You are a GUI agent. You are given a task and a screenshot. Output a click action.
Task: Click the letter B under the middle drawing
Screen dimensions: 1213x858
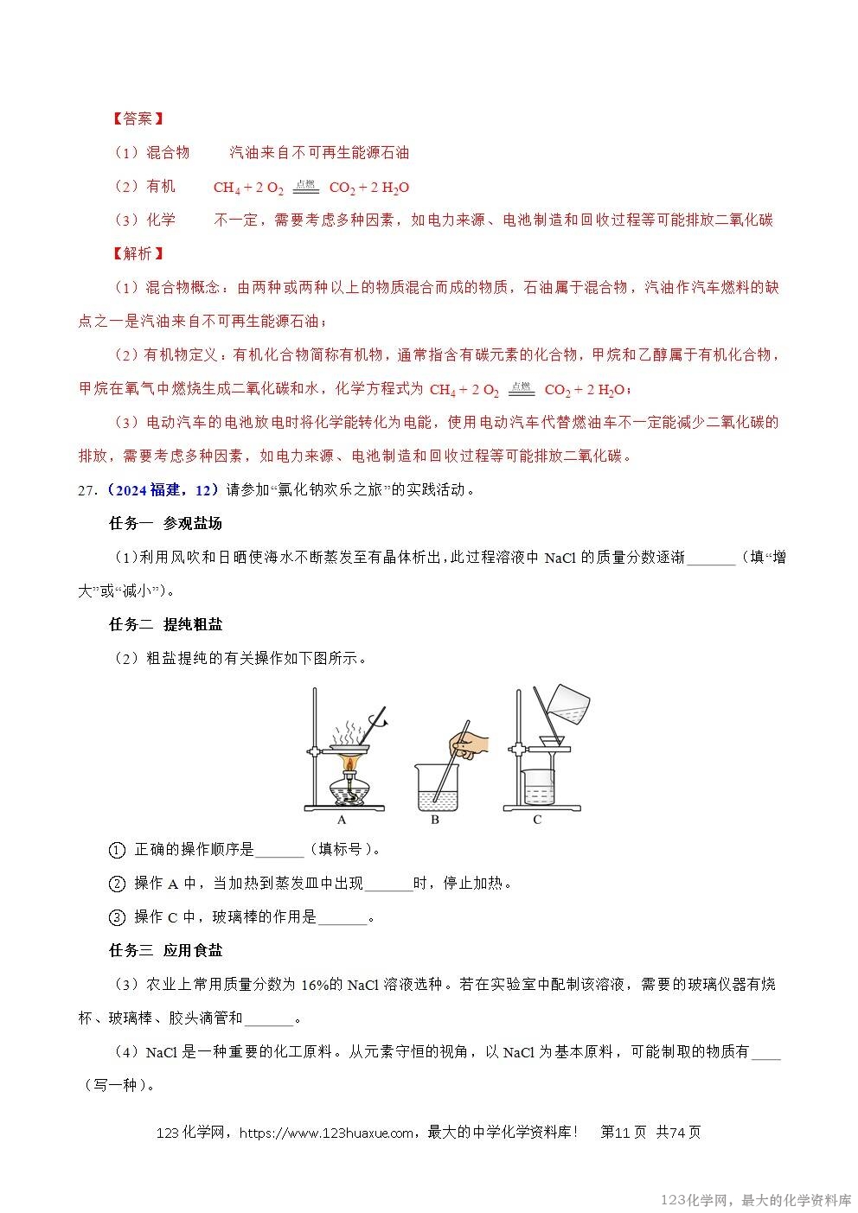435,820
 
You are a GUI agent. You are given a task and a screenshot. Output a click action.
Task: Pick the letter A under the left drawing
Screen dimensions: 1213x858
342,820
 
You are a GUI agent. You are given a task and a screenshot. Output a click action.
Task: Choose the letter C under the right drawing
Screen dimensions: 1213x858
537,820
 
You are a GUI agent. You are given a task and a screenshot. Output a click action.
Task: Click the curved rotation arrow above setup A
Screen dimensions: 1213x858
379,718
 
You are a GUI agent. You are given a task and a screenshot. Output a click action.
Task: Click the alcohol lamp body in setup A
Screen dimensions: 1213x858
349,791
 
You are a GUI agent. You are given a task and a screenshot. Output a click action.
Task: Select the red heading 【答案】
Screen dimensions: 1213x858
138,118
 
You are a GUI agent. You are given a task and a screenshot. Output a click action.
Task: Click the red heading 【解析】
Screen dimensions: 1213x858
138,253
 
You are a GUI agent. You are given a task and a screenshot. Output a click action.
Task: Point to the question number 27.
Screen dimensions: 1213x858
86,490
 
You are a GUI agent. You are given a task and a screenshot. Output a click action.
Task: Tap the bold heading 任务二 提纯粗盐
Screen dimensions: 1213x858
166,624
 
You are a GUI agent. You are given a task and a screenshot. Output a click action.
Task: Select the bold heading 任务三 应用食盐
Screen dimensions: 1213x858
166,950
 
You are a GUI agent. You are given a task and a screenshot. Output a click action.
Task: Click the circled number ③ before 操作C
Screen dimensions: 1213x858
118,917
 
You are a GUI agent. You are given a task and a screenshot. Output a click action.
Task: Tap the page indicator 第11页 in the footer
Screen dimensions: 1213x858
623,1133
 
